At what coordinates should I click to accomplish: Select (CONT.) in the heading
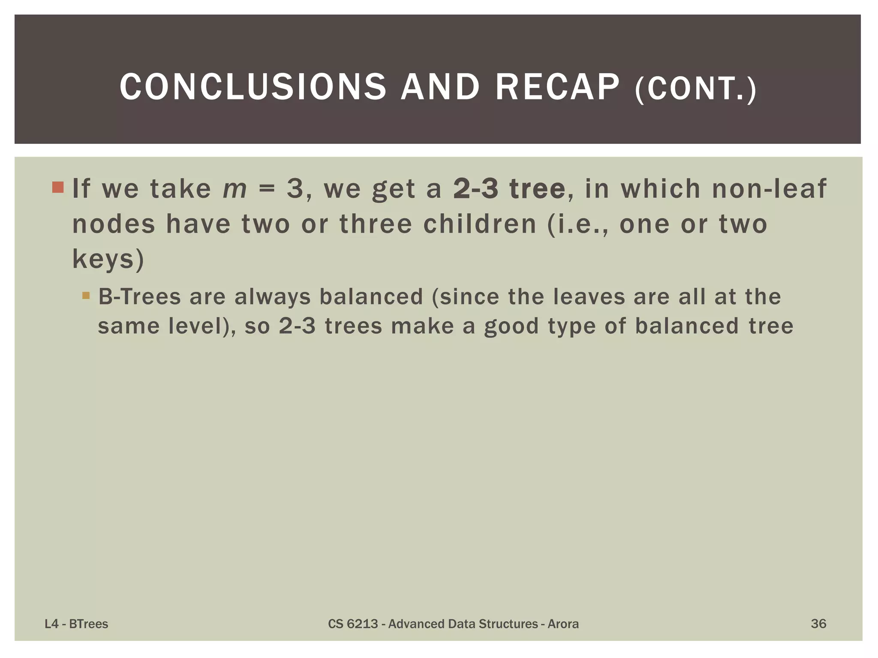tap(696, 89)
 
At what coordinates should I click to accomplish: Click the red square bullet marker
tap(58, 188)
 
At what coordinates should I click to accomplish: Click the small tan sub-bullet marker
tap(86, 295)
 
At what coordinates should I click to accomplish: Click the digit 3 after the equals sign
tap(295, 188)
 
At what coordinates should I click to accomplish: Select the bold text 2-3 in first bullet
tap(476, 188)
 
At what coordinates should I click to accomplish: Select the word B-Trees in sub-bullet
tap(140, 296)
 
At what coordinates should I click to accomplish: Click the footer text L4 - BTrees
tap(76, 624)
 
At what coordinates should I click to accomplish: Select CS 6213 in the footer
tap(353, 624)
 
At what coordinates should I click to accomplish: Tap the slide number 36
tap(818, 623)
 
